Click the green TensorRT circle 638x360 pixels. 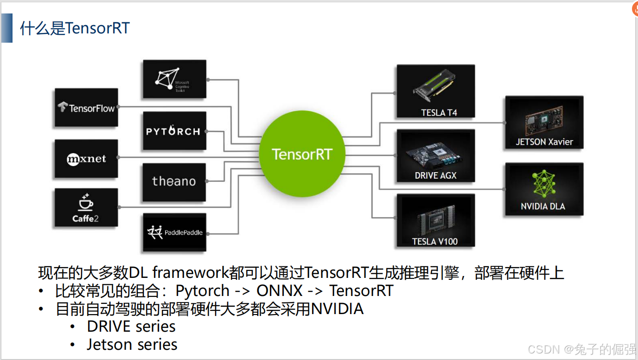click(302, 154)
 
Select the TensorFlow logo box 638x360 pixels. click(86, 108)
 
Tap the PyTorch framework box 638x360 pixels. click(174, 131)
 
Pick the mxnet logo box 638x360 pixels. click(86, 159)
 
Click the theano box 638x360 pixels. click(174, 181)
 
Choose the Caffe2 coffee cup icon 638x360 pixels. click(86, 203)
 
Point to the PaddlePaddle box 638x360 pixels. click(174, 232)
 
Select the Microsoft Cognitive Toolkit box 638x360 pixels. click(174, 79)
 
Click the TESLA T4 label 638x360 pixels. click(439, 113)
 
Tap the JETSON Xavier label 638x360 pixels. click(544, 142)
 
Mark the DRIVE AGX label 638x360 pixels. click(435, 175)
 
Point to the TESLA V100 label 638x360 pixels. click(434, 241)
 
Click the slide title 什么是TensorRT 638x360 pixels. click(75, 28)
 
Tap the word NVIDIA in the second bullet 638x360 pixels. click(337, 309)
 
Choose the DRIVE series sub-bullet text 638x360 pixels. click(131, 327)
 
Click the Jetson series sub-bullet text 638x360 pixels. click(132, 345)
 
